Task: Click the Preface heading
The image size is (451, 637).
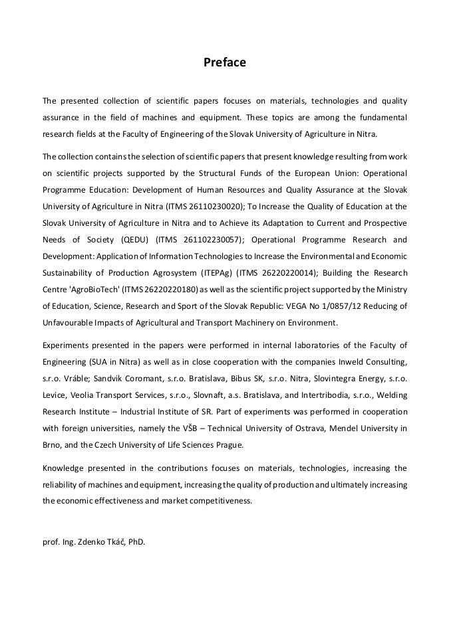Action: coord(225,62)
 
